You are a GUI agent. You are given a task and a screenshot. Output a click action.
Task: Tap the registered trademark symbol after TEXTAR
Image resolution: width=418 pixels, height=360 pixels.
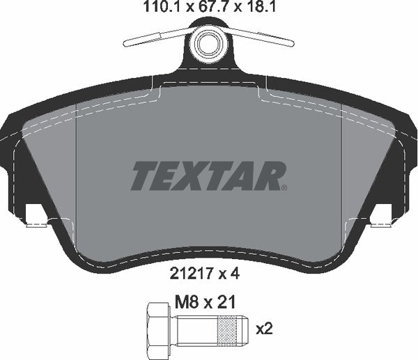(x=283, y=187)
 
